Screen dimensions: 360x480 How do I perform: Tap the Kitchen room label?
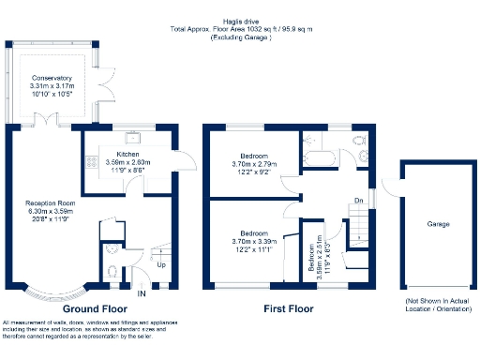coord(128,153)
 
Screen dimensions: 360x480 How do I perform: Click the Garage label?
coord(438,225)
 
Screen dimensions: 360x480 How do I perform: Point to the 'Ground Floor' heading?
coord(95,307)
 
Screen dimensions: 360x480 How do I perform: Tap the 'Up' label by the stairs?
coord(161,265)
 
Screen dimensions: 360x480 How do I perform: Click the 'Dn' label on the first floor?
coord(358,200)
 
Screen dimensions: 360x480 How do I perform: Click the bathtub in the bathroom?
coord(321,158)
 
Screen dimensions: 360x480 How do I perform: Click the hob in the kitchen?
coord(92,160)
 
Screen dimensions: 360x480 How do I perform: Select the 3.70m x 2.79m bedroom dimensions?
coord(254,164)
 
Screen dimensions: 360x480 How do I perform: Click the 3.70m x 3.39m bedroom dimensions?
coord(254,241)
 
